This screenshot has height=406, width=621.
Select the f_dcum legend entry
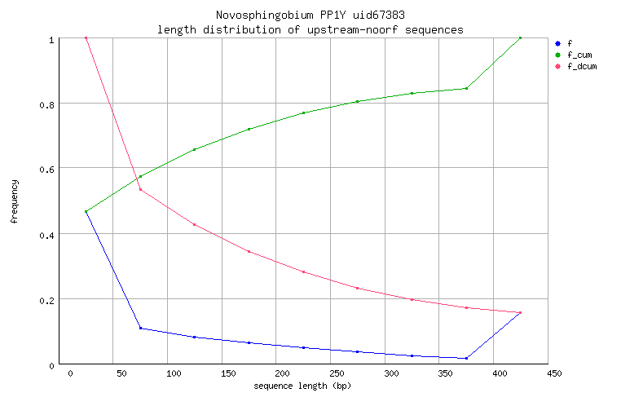[581, 66]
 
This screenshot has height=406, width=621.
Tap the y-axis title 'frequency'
[15, 202]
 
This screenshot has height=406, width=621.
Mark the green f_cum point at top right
[520, 38]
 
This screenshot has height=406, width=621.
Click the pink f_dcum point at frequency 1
[86, 38]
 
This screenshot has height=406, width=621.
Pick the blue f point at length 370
[466, 358]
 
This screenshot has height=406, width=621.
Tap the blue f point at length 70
[140, 328]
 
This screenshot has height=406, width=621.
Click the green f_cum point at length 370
[466, 88]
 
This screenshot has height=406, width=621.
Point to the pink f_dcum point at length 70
[140, 189]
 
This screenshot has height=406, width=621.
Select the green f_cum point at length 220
[303, 113]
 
